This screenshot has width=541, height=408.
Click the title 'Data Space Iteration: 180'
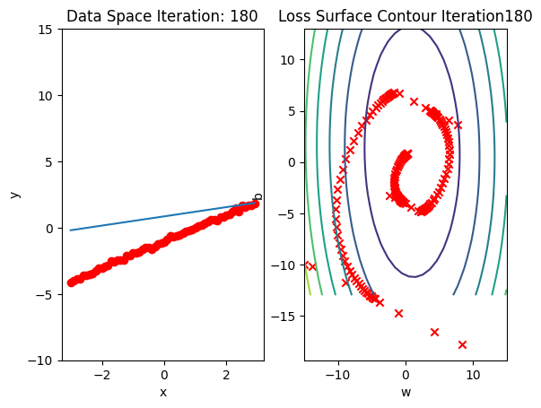click(162, 16)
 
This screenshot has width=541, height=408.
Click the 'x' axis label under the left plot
click(163, 391)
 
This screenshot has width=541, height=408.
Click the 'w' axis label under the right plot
click(406, 391)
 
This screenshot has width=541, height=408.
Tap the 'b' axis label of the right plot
click(258, 195)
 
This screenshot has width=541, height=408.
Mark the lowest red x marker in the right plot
click(462, 344)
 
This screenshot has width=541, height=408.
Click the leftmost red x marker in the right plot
click(310, 266)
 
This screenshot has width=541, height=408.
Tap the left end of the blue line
click(71, 230)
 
